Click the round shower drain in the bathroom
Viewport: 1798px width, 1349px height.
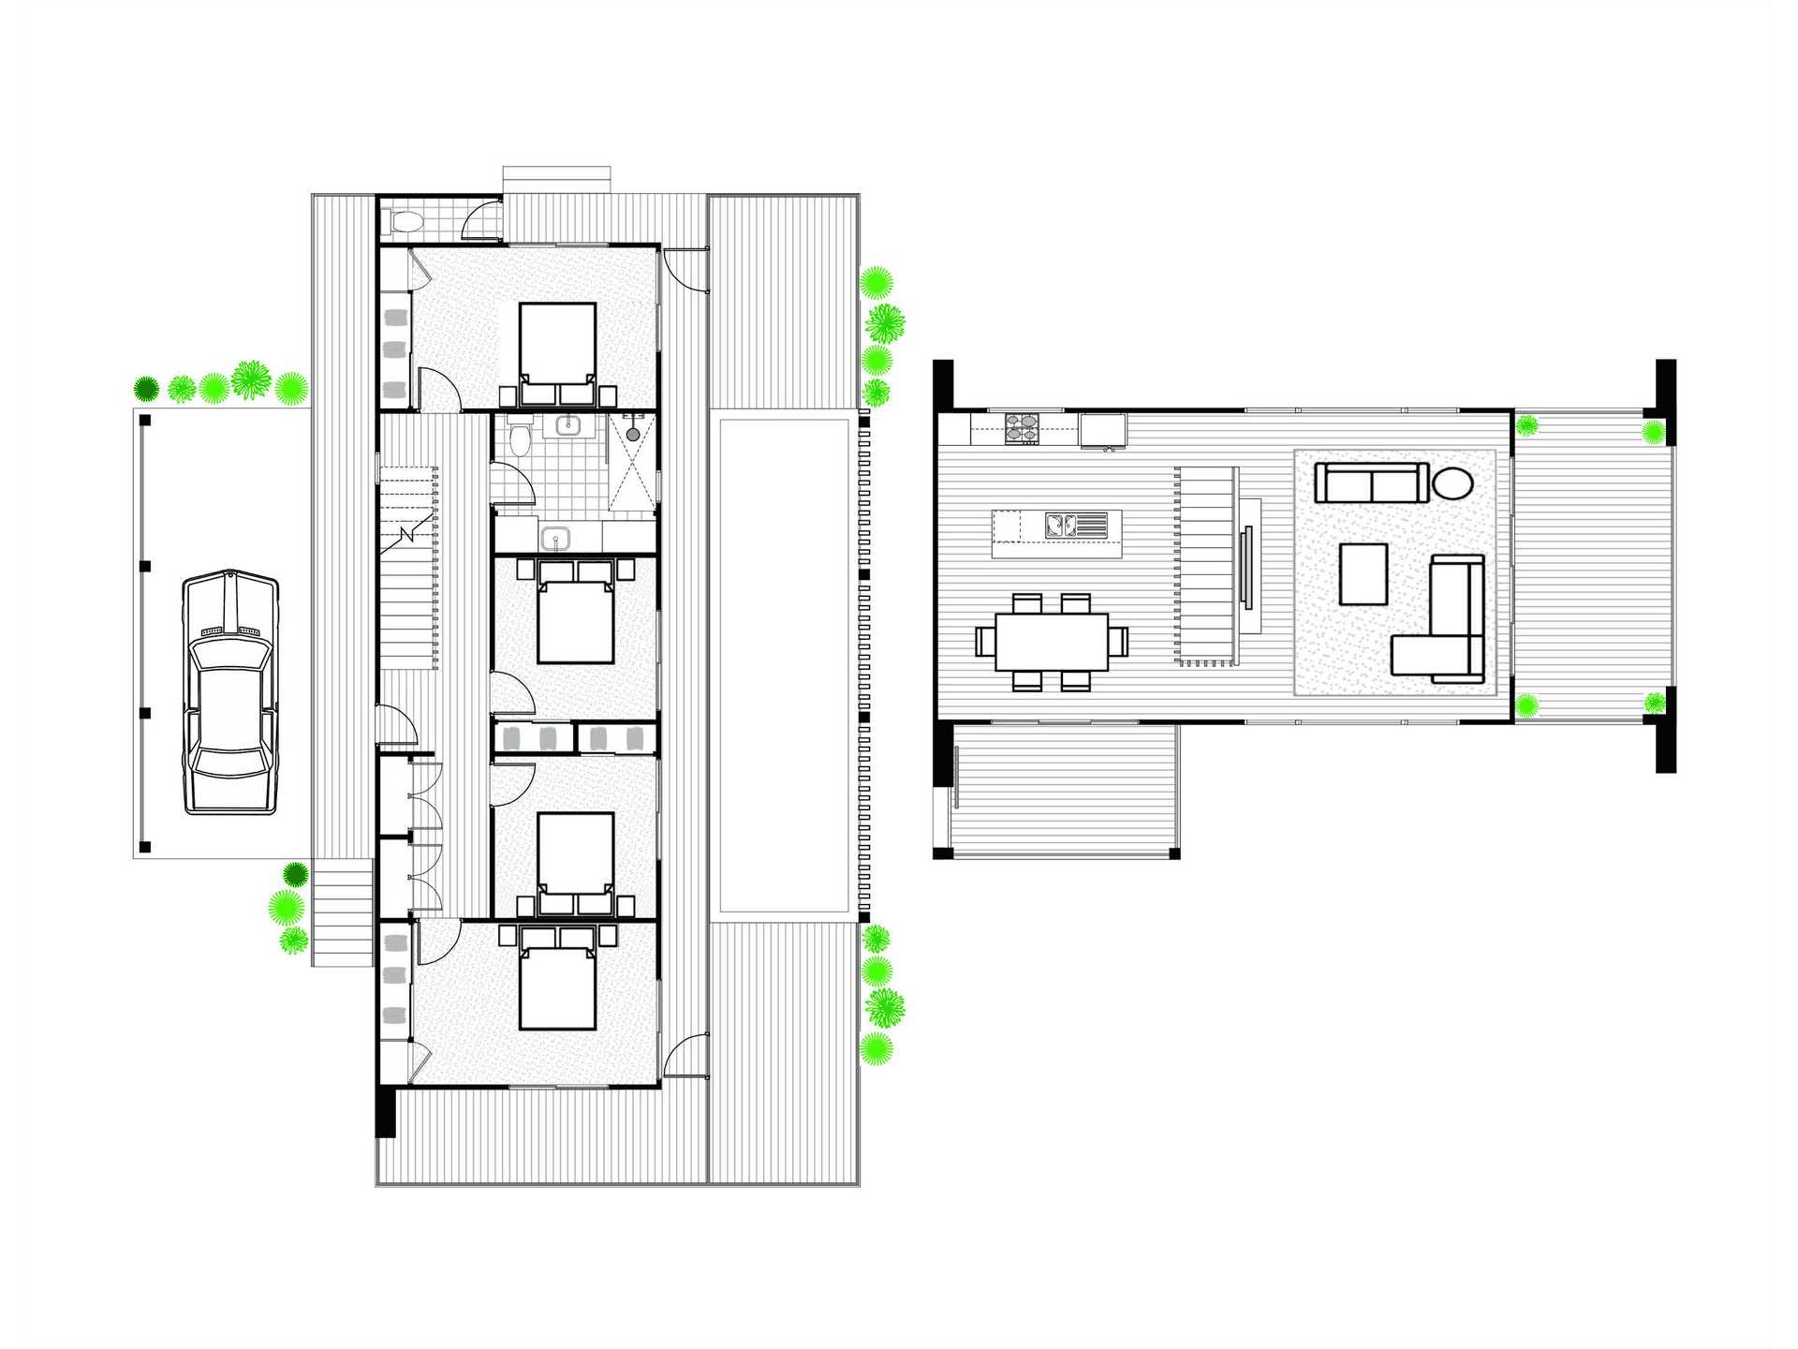(634, 435)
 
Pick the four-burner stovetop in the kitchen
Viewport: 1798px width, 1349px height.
(1022, 428)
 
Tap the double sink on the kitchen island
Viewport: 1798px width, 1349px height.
(1061, 525)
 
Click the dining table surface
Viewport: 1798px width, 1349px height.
(1052, 641)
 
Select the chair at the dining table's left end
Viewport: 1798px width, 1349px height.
(984, 641)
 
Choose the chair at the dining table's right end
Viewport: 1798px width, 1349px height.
(1119, 641)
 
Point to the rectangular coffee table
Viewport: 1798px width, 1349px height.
(1363, 573)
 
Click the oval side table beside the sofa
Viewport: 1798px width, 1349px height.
(1452, 483)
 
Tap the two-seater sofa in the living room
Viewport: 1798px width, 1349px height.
(1372, 482)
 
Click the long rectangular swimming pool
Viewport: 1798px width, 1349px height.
(784, 665)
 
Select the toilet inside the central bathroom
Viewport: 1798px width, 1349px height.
(520, 437)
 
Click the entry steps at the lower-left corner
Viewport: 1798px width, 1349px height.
(343, 913)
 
